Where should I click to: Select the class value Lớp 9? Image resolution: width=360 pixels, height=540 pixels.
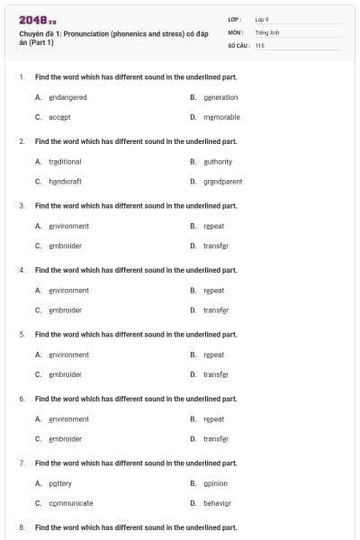tap(261, 18)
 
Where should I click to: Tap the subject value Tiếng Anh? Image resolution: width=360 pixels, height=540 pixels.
tap(265, 31)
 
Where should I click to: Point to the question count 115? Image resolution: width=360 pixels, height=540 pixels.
tap(259, 44)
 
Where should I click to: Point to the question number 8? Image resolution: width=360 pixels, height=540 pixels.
tap(22, 526)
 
